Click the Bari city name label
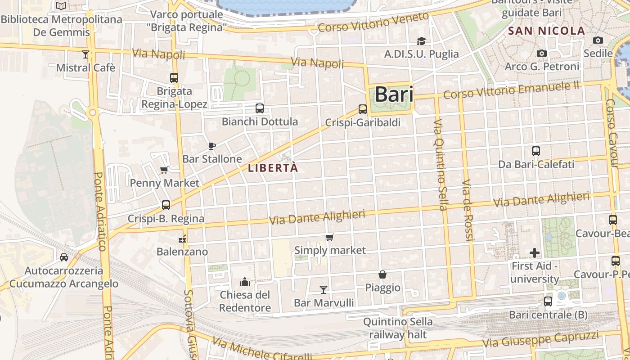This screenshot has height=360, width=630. (x=394, y=94)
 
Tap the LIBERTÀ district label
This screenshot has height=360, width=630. (x=273, y=168)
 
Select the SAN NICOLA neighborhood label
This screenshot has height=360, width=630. (x=546, y=31)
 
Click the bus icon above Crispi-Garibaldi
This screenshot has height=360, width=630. (x=363, y=109)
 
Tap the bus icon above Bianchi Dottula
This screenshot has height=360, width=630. (x=260, y=108)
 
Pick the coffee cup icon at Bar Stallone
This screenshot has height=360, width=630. (x=212, y=146)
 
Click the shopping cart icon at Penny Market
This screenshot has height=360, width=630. (x=164, y=170)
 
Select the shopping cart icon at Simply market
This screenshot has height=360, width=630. (x=330, y=237)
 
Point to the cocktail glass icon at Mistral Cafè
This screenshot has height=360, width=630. (x=85, y=54)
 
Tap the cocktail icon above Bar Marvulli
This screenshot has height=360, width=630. (x=324, y=289)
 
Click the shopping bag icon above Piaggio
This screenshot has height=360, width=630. (x=382, y=274)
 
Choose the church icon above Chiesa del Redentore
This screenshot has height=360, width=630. (x=245, y=282)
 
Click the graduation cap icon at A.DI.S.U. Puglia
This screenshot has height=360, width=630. (x=421, y=41)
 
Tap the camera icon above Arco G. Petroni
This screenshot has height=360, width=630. (x=542, y=54)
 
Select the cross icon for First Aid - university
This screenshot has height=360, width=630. (x=535, y=253)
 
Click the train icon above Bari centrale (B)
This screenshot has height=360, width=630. (x=548, y=301)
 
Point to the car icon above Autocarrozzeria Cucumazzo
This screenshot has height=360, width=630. (x=64, y=257)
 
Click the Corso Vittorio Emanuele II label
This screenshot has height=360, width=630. (x=511, y=90)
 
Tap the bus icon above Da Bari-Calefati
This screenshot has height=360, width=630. (x=536, y=151)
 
